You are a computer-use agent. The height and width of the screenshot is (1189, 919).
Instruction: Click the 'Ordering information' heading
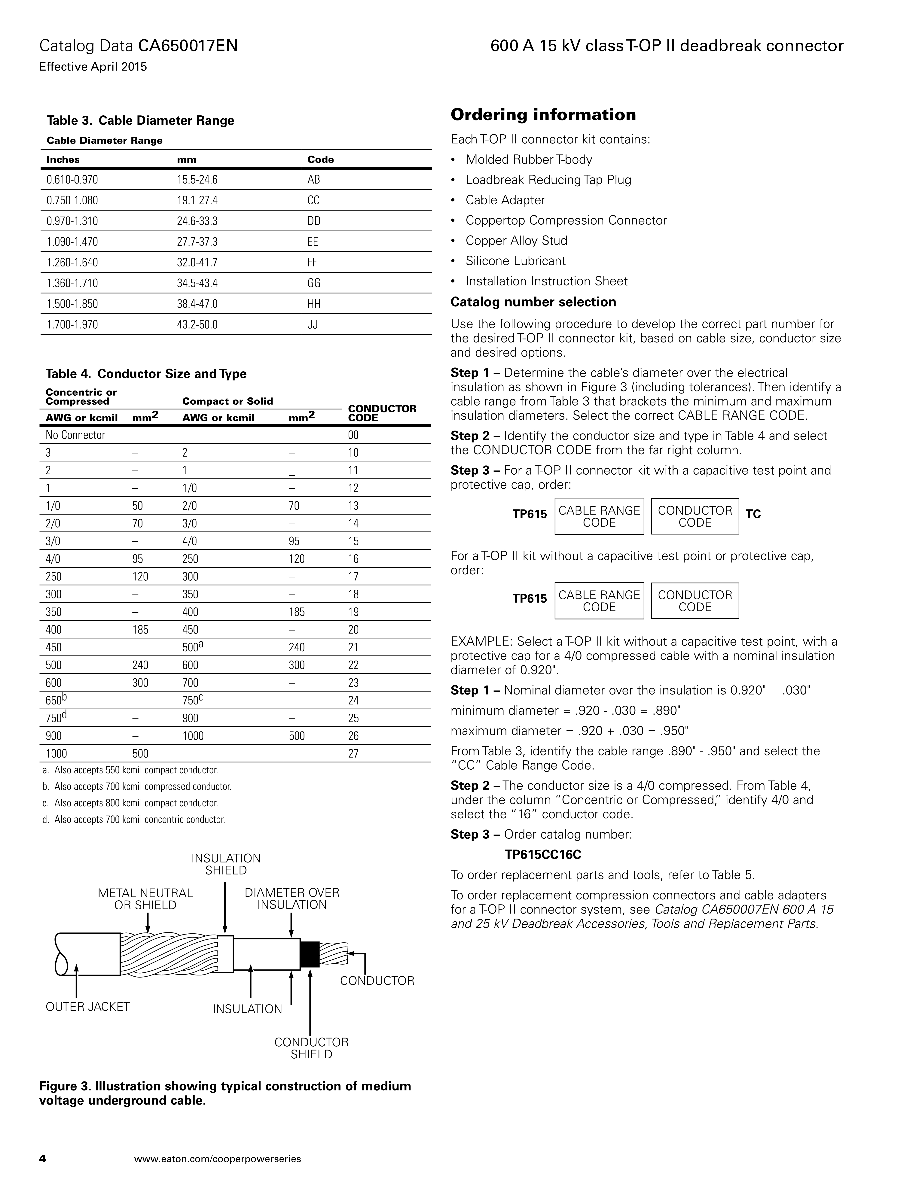tap(543, 115)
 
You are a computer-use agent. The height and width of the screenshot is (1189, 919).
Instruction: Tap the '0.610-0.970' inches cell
tap(72, 180)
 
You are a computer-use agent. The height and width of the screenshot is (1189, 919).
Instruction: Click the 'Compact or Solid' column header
tap(227, 401)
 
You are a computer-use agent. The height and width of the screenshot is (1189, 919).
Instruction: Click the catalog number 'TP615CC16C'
tap(543, 855)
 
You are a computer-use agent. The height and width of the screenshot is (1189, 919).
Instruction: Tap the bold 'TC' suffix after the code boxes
tap(753, 514)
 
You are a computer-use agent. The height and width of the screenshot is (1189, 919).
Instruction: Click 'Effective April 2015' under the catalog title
tap(93, 67)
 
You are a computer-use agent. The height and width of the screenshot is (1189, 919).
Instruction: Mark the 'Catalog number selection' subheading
tap(533, 302)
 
